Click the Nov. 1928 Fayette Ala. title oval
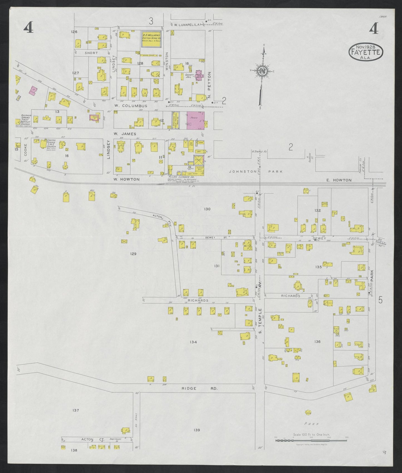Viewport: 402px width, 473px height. point(366,52)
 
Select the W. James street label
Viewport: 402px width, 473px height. point(125,134)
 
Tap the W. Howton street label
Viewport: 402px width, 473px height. point(126,179)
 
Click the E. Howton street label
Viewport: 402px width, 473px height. point(339,180)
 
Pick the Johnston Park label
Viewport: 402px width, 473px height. point(256,172)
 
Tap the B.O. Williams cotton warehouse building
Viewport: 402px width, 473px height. point(152,39)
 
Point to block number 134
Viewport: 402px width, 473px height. point(193,342)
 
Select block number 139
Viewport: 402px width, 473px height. point(197,430)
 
